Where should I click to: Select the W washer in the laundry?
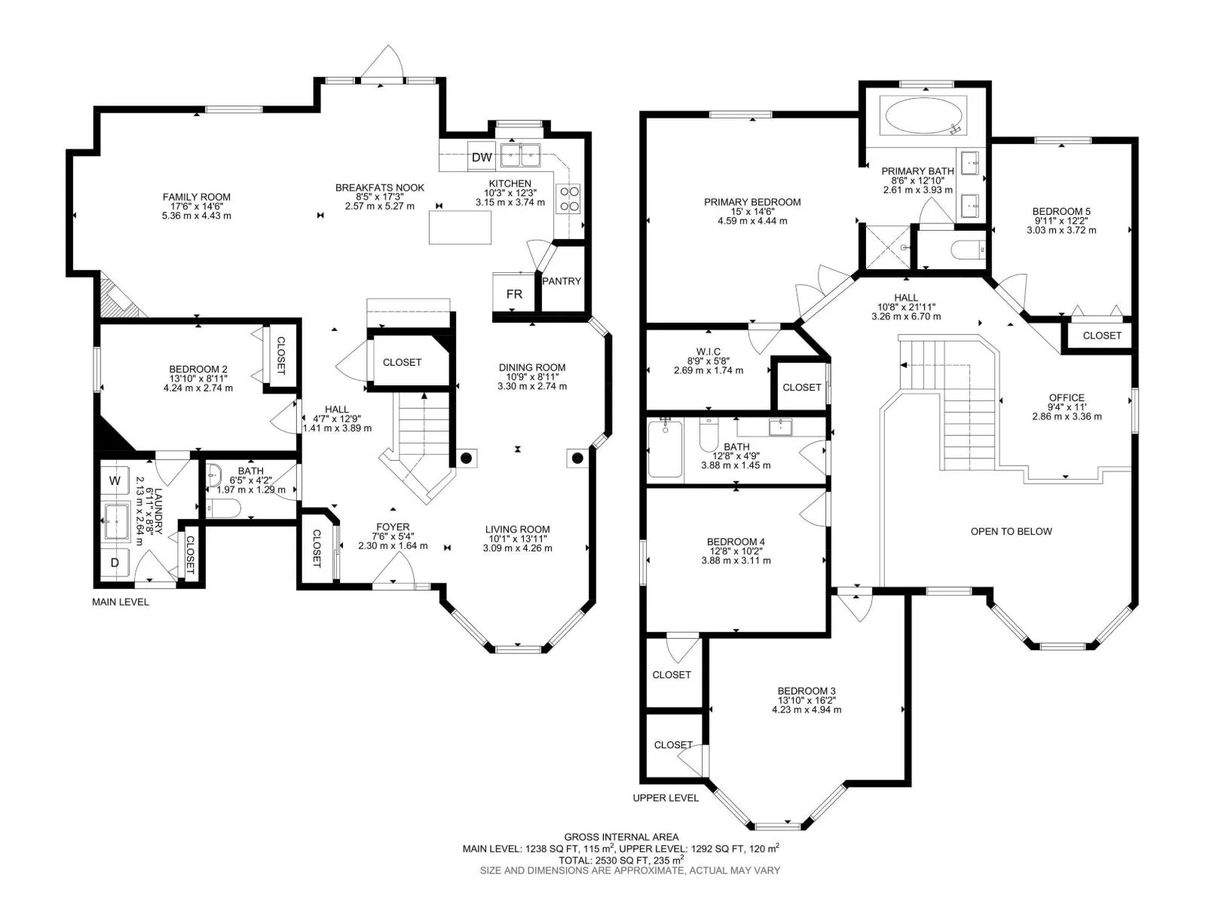point(115,480)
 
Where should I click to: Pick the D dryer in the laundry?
point(115,562)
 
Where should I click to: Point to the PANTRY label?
point(561,281)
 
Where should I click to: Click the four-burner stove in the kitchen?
point(568,199)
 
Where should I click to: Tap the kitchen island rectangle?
point(460,227)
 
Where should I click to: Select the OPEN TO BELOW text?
point(1011,532)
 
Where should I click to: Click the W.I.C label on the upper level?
point(708,351)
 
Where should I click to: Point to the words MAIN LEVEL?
point(121,602)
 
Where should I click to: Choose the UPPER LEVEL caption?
point(666,798)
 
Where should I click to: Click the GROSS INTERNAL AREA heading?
point(621,837)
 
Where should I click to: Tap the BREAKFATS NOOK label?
point(380,187)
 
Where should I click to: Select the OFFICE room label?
point(1067,397)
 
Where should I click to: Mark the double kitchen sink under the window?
point(520,155)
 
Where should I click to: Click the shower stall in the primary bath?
point(888,247)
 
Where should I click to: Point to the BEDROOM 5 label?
point(1061,211)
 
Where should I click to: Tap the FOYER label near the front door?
point(393,527)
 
